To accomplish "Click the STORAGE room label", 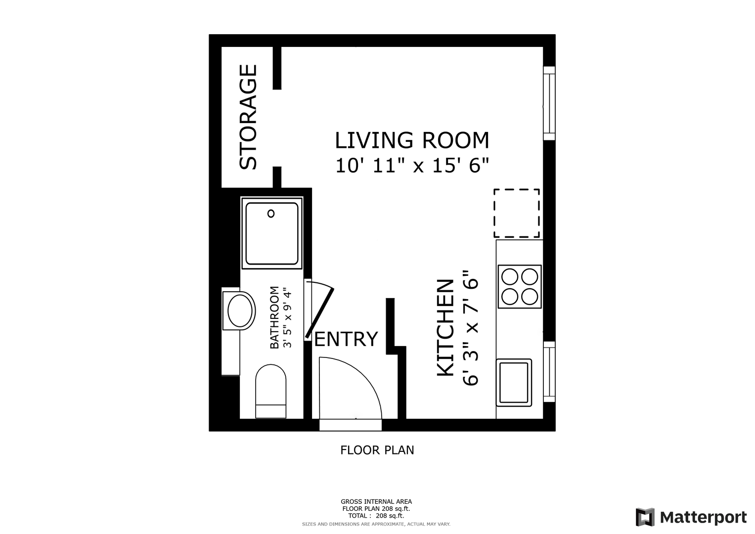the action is point(248,117).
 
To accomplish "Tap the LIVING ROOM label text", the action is point(412,140).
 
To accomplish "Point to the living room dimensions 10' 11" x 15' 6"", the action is point(412,166).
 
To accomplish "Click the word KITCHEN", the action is point(445,327).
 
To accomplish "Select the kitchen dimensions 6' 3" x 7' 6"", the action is point(471,327).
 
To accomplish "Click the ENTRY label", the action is point(346,339).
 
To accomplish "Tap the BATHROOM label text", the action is point(275,317).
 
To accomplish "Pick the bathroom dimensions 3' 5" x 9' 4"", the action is point(287,317).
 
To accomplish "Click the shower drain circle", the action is point(271,214).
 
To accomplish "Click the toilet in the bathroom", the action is point(270,391).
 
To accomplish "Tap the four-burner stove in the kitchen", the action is point(519,287).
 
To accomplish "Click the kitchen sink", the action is point(514,383).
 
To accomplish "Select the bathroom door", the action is point(319,313).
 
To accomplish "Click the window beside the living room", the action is point(549,103).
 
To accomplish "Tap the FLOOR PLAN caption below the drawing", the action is point(377,450).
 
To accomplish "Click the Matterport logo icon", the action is point(645,517).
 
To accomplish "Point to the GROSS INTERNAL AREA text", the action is point(376,502).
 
